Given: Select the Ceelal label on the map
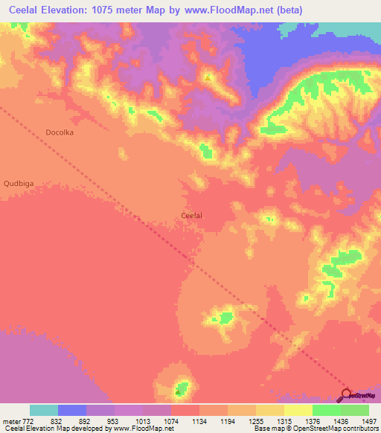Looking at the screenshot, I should pos(192,216).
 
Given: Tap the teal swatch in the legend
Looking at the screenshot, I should pos(44,410).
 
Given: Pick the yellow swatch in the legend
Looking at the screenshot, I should pos(298,410).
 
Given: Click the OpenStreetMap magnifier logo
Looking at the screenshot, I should pos(348,395).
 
